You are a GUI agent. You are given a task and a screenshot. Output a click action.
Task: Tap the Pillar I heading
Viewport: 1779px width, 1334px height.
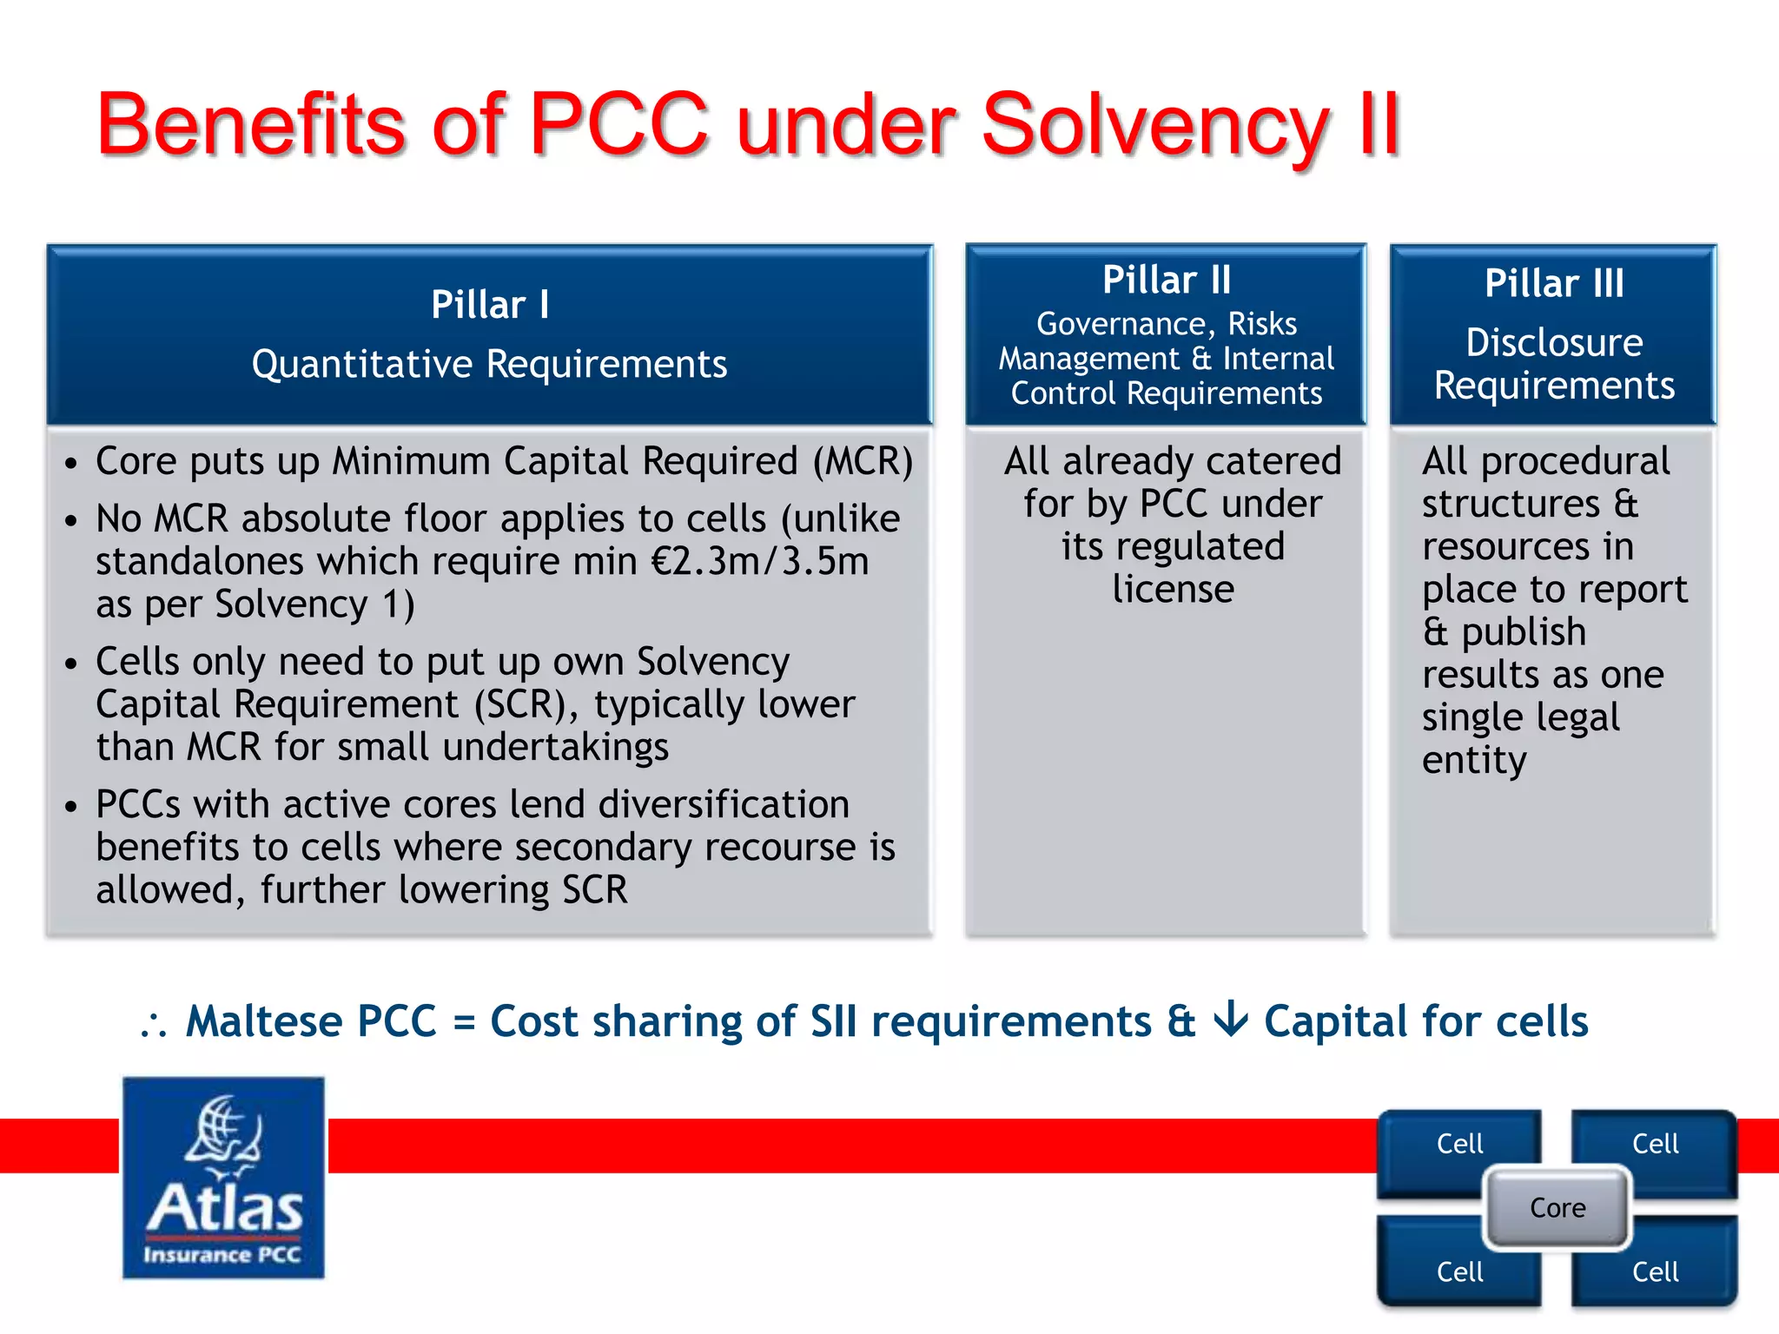(490, 305)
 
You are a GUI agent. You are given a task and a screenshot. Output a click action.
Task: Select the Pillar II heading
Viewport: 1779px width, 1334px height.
(1166, 281)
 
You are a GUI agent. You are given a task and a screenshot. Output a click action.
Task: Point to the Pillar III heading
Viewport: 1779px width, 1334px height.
(1553, 283)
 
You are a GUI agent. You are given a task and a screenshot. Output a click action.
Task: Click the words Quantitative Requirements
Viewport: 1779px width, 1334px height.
(489, 364)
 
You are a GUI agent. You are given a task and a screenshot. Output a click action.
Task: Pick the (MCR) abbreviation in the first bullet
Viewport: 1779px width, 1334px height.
(863, 461)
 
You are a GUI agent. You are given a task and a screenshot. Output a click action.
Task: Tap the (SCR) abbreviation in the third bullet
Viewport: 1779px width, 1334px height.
(526, 704)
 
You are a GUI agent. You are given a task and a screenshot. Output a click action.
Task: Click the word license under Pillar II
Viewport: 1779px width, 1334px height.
(1173, 590)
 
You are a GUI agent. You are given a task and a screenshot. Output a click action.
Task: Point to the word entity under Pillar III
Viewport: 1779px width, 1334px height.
(1473, 761)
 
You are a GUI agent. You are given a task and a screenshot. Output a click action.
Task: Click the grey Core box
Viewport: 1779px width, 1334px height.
(1557, 1208)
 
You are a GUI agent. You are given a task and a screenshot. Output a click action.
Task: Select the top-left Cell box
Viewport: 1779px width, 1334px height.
(1459, 1144)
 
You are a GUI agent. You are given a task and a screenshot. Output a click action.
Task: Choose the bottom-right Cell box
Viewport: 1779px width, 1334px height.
(1655, 1272)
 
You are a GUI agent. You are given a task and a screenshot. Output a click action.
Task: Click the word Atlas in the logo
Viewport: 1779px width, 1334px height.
(224, 1208)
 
